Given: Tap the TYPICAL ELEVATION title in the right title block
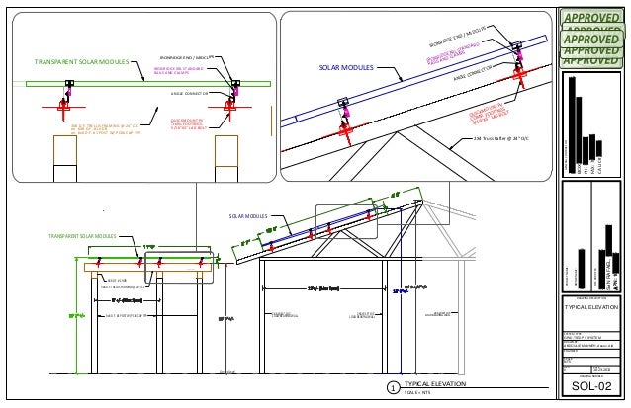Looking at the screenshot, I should click(590, 307).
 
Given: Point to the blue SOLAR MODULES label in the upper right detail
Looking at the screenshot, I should click(344, 68).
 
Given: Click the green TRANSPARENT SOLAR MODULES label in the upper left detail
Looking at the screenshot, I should click(81, 61).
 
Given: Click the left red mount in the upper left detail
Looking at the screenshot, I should click(65, 102).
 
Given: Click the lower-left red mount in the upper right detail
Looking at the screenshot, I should click(346, 128).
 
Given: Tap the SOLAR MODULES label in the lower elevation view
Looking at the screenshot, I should click(249, 215).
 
